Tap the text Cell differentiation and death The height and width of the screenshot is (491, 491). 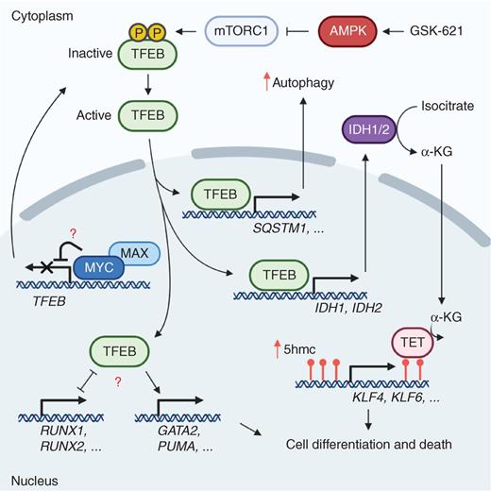(364, 442)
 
